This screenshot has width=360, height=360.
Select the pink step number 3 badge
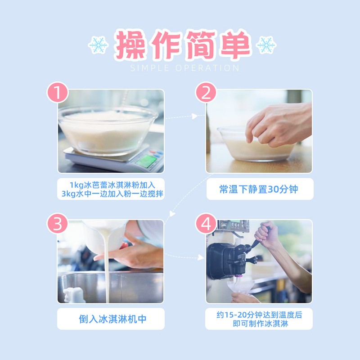pos(58,224)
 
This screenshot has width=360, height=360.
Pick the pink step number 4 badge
pos(206,224)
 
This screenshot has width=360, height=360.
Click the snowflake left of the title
pos(98,45)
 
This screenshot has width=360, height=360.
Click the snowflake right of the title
pos(266,45)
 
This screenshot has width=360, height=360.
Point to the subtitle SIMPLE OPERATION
pos(184,68)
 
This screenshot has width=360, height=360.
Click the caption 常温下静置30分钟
pos(259,189)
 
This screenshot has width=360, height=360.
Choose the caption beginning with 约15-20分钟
pos(259,319)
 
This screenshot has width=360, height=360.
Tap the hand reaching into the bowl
pos(279,124)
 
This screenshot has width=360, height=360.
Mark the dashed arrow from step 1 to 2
pos(182,117)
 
